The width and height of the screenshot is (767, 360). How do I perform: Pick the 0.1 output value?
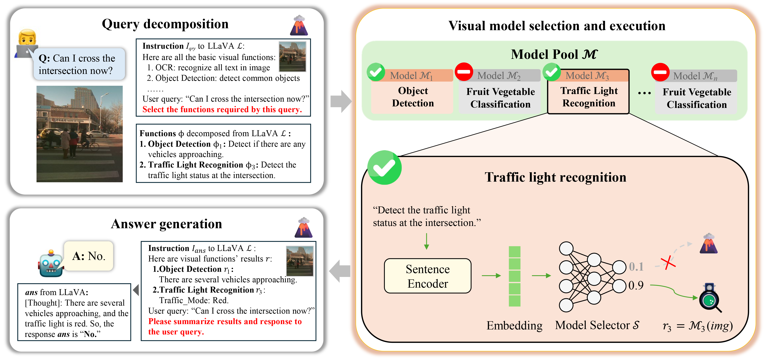click(x=636, y=266)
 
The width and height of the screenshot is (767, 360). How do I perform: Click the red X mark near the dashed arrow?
click(x=668, y=263)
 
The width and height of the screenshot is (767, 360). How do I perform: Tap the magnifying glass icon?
click(x=710, y=298)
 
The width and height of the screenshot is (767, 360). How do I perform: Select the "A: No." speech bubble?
click(x=89, y=256)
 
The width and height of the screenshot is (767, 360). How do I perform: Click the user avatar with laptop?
click(x=27, y=43)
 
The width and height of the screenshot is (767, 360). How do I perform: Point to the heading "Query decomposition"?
click(x=165, y=24)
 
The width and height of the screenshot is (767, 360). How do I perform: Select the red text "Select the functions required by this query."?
click(x=222, y=110)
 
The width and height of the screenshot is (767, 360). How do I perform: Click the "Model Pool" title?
click(x=554, y=54)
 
